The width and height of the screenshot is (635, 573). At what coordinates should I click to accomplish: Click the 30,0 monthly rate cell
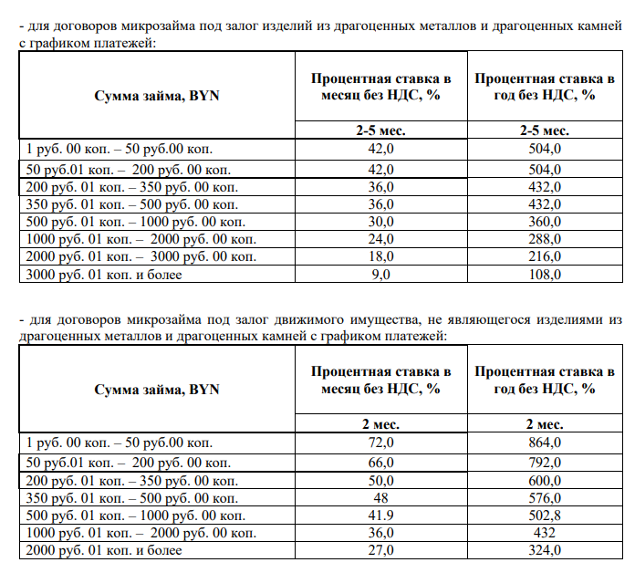point(380,222)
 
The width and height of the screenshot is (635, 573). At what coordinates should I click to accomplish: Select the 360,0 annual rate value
point(545,222)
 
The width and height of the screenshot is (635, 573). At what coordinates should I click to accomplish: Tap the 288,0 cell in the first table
point(545,239)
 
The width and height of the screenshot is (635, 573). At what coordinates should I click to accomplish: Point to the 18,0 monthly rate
point(380,256)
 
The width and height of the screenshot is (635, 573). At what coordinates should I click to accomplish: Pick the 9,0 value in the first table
point(380,274)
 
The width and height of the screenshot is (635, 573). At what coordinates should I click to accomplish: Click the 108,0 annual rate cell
point(545,274)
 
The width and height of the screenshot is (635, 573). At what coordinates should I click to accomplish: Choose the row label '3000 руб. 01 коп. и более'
point(106,274)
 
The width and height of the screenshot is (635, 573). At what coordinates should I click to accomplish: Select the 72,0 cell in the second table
point(380,443)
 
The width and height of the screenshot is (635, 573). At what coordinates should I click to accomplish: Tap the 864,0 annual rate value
point(545,443)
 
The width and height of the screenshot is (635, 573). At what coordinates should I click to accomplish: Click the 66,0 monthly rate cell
point(380,463)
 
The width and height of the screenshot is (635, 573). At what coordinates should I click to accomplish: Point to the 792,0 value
point(545,463)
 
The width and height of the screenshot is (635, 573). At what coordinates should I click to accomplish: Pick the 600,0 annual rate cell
point(545,480)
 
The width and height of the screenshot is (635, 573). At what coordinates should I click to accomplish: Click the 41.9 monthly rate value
point(380,515)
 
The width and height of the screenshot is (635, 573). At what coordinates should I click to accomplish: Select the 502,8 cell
point(545,515)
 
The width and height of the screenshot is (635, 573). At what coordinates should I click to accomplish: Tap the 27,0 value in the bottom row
point(380,550)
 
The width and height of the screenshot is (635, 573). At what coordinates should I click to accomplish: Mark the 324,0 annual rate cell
point(545,550)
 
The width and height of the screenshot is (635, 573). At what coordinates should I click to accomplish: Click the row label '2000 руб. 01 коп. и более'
point(106,550)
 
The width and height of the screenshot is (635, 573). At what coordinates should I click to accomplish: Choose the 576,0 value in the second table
point(545,497)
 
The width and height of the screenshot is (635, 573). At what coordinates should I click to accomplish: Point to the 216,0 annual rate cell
point(545,256)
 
